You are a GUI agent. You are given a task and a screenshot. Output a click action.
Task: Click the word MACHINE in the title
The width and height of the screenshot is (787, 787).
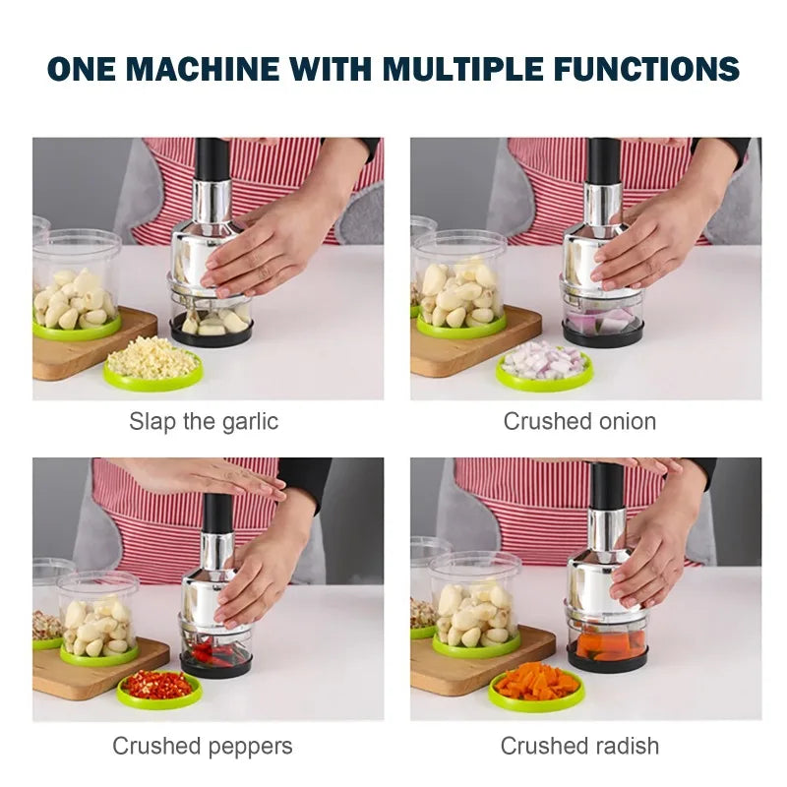point(207,69)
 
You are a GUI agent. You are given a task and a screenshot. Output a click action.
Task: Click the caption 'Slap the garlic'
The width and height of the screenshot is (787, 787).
point(204,422)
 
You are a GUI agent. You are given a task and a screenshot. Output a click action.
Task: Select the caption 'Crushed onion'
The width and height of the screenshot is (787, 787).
point(579,422)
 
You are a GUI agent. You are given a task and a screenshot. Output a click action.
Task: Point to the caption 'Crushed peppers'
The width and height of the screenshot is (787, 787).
point(202,746)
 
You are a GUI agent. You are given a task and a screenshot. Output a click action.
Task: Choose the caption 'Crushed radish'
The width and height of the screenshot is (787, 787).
point(579,746)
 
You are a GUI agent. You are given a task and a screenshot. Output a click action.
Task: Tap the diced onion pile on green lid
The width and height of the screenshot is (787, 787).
point(544,361)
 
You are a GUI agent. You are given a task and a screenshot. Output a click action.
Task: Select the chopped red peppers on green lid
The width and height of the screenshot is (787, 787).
point(158,685)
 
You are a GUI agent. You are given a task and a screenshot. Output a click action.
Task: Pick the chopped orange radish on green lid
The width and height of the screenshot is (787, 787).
point(536,682)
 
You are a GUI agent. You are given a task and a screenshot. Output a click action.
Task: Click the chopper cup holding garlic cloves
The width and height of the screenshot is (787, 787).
point(212,321)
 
